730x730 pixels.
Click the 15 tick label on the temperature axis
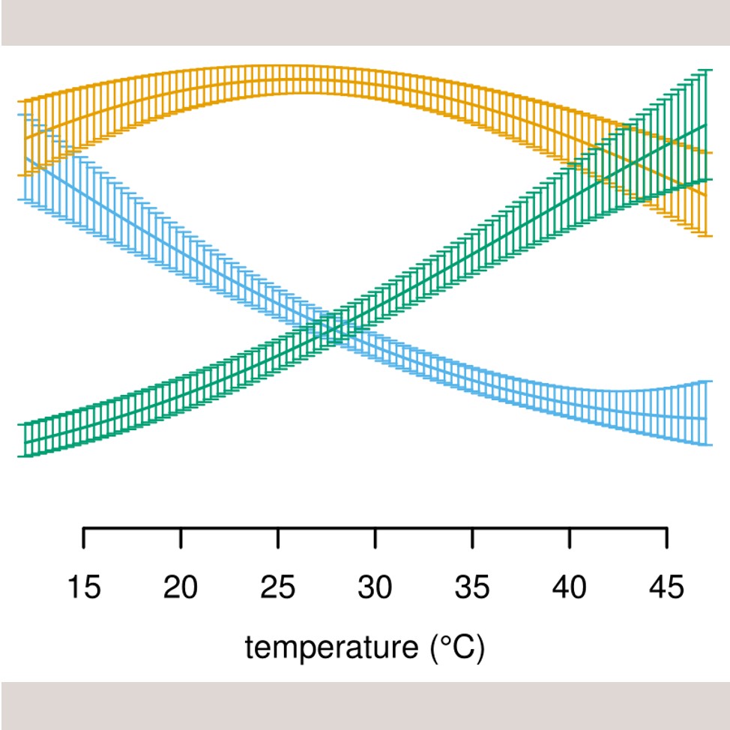83,588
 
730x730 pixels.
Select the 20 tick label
181,588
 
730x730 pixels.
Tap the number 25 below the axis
278,588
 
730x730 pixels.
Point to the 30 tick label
375,588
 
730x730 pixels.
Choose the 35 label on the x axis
472,588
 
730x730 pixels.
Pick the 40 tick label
570,588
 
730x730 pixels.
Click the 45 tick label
667,588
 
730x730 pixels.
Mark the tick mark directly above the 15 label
83,538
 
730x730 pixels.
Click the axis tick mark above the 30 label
375,538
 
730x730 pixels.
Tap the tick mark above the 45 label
667,538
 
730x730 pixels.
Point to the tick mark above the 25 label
278,538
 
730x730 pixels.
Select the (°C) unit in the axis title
458,647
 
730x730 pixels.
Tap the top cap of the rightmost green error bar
705,70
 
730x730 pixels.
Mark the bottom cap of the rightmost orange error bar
705,236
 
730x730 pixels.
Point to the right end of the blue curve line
705,418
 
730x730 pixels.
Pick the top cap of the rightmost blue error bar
705,382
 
